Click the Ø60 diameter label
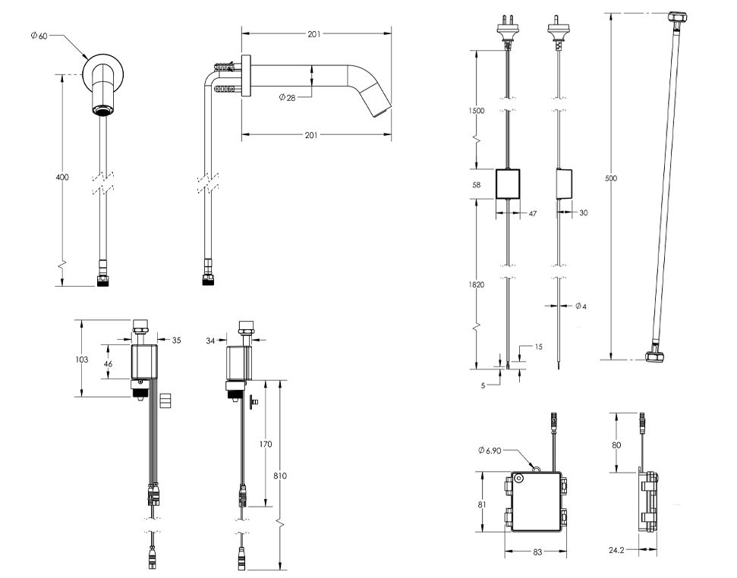(39, 36)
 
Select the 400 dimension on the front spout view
(62, 177)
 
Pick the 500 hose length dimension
(611, 178)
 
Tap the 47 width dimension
(532, 215)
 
